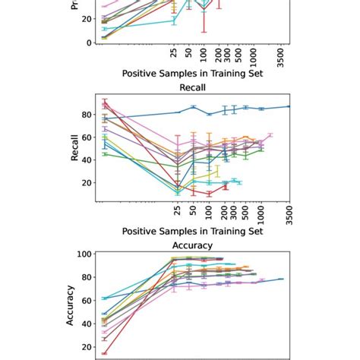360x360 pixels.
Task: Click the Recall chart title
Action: click(192, 87)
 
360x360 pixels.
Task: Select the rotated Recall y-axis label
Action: click(74, 149)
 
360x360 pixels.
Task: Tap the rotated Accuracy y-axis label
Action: click(71, 305)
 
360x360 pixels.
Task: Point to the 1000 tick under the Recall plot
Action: click(261, 212)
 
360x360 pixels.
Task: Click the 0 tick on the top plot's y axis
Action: click(90, 43)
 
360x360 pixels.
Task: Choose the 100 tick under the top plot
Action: click(204, 55)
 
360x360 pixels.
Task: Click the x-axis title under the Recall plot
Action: click(192, 231)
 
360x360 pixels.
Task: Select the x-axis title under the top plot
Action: click(192, 74)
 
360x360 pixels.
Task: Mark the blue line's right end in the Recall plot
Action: click(289, 106)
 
